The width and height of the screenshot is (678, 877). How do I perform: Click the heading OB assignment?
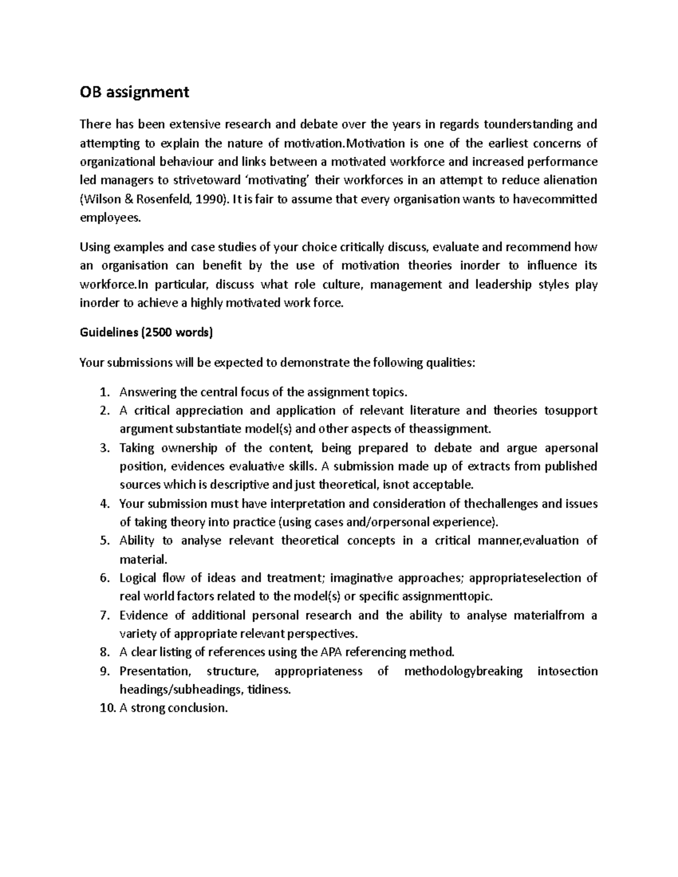(x=134, y=92)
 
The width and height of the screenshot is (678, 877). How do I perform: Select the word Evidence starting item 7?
(x=144, y=615)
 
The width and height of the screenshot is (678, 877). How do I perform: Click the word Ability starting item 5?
(x=137, y=540)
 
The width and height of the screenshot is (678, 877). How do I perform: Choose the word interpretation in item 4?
(x=311, y=503)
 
